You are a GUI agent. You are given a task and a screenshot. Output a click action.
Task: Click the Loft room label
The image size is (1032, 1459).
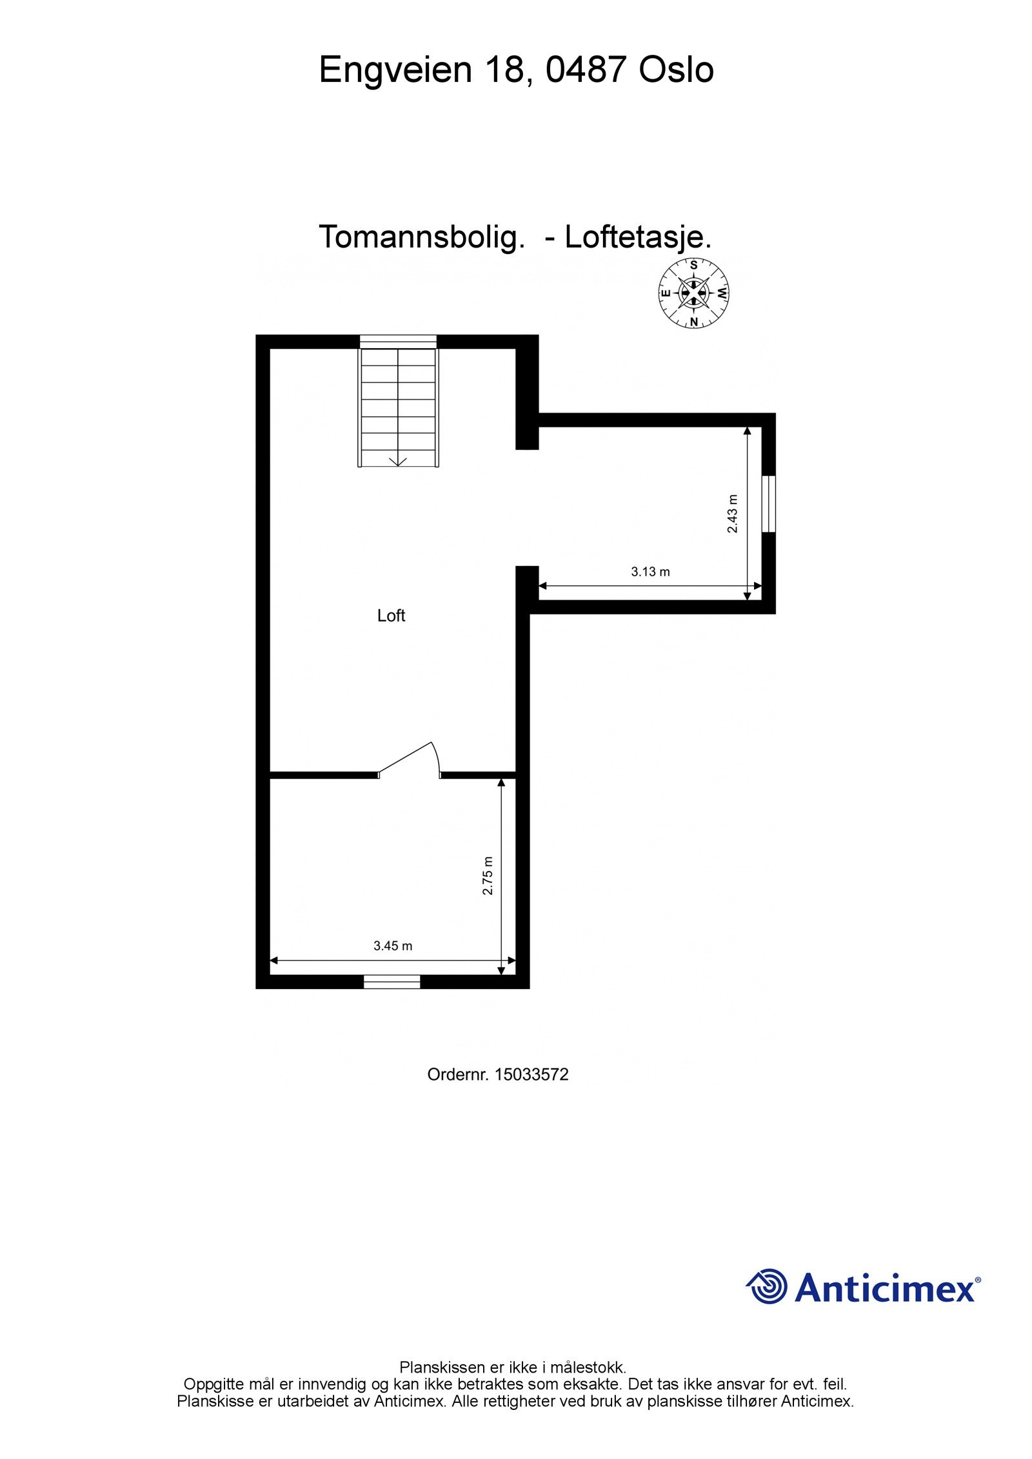391,616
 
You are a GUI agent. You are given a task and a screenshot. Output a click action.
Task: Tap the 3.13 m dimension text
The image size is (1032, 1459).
650,572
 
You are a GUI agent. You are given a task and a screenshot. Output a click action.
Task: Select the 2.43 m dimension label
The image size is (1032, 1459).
733,513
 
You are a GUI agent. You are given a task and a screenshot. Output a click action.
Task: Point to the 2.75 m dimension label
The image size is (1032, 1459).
488,876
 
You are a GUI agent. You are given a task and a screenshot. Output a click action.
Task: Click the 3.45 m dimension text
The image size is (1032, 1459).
393,946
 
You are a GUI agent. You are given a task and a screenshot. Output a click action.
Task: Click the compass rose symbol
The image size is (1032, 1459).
693,293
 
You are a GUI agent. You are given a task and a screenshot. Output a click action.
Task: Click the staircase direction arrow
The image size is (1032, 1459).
398,460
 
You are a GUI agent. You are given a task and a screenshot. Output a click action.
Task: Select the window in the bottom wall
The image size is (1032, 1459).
392,982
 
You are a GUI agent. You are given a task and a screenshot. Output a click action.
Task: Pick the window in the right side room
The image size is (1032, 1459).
768,504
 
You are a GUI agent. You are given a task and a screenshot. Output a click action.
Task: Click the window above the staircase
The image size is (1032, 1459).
398,342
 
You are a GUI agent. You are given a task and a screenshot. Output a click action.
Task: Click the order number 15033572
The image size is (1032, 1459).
531,1075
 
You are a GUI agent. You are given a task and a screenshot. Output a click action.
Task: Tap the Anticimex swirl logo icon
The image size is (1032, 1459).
767,1286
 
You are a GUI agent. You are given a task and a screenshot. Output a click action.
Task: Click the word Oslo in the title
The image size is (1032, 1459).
676,70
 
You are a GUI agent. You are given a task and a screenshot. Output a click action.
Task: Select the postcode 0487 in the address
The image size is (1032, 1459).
586,70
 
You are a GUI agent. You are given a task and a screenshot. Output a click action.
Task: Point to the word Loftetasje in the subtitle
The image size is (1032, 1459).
637,237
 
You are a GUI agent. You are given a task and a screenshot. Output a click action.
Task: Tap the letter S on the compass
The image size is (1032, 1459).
693,264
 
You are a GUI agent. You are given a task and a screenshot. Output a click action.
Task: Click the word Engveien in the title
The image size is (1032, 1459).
396,70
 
